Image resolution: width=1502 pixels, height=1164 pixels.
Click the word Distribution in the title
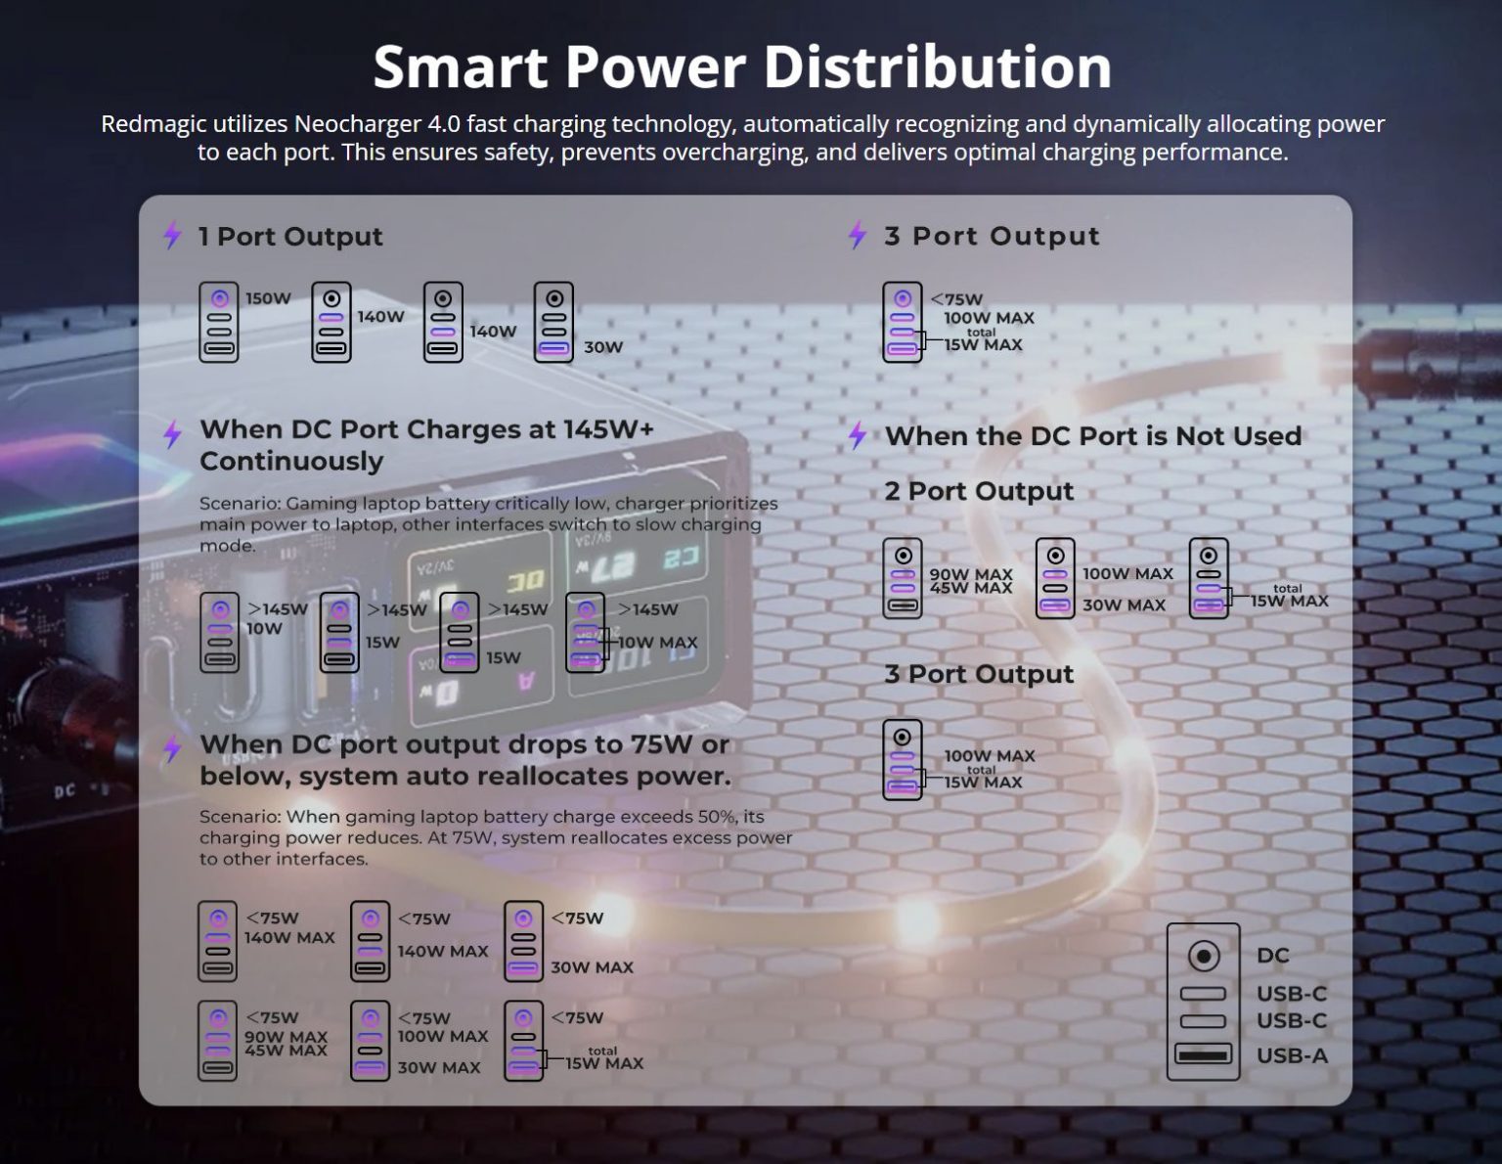pos(937,67)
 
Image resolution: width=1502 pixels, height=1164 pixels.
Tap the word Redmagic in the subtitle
pos(146,124)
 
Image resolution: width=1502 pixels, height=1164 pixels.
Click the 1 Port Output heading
pos(290,237)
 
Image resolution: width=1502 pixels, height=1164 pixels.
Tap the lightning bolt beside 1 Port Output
pos(173,235)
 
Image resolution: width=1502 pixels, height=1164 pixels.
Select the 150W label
pos(268,298)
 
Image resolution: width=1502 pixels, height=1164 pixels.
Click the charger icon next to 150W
pos(219,323)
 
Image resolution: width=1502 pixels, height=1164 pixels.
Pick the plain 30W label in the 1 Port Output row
pos(602,347)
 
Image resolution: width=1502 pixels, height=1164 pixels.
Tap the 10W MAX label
pos(657,643)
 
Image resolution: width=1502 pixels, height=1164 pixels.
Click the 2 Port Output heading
pos(978,491)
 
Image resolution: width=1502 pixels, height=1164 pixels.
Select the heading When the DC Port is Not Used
pos(1093,436)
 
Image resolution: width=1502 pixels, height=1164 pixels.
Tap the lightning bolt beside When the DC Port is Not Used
pos(858,435)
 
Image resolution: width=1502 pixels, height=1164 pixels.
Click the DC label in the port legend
pos(1272,956)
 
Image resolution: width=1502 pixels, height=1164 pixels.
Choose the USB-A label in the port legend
pos(1292,1056)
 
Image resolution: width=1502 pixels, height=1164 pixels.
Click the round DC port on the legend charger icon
pos(1203,956)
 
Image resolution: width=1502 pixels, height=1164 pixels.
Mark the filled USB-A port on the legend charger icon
pos(1203,1054)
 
